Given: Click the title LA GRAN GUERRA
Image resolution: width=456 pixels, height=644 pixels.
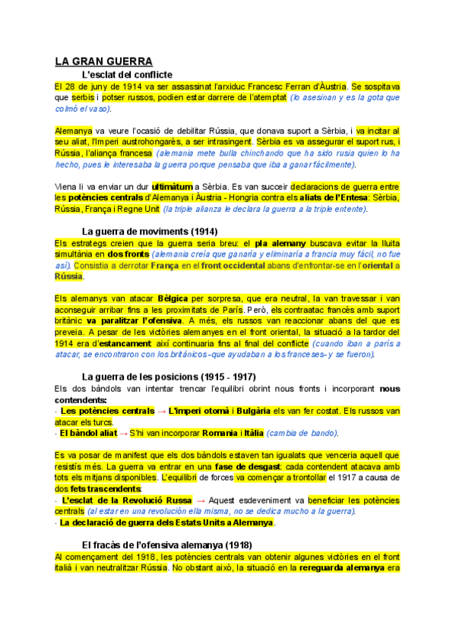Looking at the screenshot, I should [104, 61].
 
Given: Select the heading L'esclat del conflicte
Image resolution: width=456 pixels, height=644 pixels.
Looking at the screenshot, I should [126, 74].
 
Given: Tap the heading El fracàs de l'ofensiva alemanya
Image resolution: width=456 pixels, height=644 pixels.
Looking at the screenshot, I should [166, 545].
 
